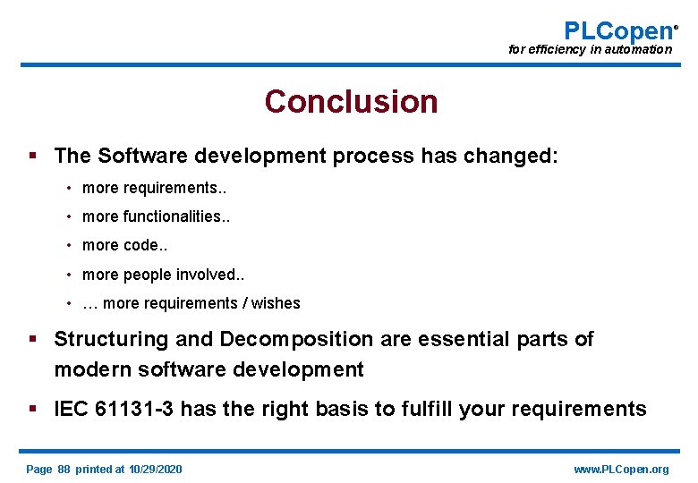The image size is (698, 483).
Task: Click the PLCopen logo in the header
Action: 618,30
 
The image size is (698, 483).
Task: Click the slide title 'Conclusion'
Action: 351,102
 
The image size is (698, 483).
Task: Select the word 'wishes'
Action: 276,303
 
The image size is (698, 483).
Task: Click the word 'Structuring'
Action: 110,339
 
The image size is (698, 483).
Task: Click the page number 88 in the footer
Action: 64,470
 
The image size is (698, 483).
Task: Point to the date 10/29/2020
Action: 155,470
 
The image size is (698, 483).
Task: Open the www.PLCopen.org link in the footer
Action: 621,470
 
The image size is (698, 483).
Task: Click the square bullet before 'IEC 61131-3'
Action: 33,410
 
